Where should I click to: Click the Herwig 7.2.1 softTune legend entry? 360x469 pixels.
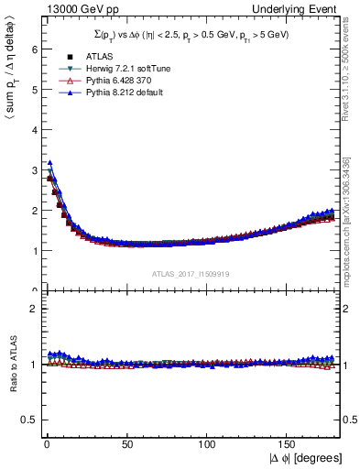pyautogui.click(x=116, y=69)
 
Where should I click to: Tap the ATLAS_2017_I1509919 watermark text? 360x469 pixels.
pyautogui.click(x=192, y=274)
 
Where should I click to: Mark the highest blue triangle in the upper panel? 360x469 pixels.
pyautogui.click(x=49, y=163)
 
